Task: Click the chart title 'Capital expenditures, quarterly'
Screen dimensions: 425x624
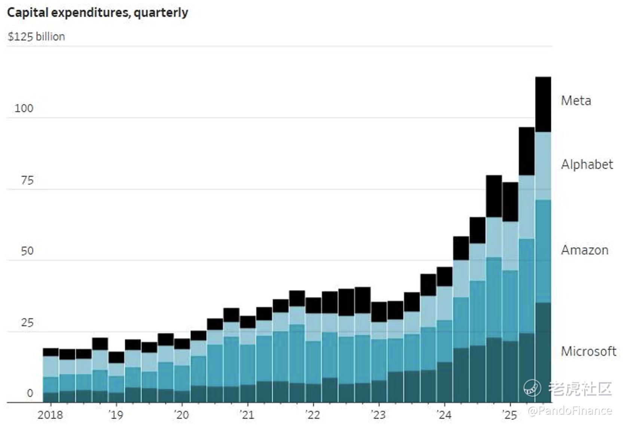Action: coord(97,13)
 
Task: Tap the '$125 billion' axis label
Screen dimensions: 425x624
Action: coord(36,37)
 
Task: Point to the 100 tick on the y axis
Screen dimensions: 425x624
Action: coord(24,108)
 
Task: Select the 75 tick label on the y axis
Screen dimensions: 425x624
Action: coord(27,181)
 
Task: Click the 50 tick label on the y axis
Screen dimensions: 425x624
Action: coord(27,251)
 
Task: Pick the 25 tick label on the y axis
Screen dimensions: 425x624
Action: coord(27,323)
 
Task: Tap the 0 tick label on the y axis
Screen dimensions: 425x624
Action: coord(30,393)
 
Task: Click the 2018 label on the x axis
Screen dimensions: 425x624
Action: coord(50,415)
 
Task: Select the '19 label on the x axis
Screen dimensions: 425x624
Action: coord(116,415)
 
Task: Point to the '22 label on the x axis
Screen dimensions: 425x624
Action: coord(313,415)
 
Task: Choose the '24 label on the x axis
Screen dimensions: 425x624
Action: coord(444,415)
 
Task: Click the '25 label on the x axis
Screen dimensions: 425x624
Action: coord(510,415)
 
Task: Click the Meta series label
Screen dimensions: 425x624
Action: coord(576,101)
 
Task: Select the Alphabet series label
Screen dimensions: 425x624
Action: coord(587,164)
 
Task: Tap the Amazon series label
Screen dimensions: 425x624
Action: coord(584,250)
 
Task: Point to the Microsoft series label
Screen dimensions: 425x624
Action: coord(588,351)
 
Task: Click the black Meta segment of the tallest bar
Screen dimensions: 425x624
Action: coord(543,105)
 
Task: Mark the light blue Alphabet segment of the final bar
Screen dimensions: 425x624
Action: coord(543,166)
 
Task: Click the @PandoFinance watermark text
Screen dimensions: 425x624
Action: coord(570,411)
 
